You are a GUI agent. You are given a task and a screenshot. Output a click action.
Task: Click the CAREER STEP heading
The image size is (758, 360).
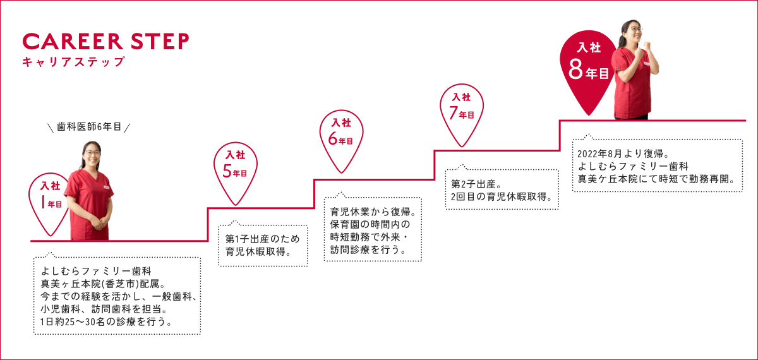(x=105, y=41)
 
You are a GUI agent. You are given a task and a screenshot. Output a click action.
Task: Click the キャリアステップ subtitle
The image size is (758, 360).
(x=73, y=62)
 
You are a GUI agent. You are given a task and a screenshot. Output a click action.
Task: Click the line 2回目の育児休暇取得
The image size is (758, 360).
(x=503, y=197)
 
